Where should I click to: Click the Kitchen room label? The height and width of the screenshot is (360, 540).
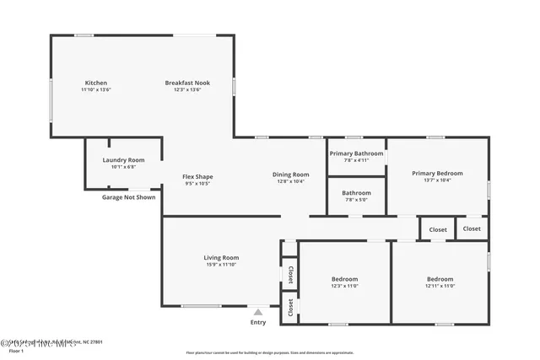[95, 83]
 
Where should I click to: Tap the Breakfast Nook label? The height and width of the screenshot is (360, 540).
[187, 83]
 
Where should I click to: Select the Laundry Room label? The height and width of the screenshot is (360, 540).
[123, 159]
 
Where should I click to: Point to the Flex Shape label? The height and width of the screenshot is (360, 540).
[197, 176]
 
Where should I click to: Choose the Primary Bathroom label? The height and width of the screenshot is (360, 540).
[356, 153]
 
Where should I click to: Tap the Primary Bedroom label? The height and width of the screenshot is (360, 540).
[437, 173]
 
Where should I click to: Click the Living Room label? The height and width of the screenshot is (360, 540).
[221, 257]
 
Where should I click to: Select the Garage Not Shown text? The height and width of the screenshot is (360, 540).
[128, 197]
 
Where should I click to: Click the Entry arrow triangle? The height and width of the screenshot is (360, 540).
[258, 312]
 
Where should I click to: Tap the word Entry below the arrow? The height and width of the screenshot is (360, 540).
[258, 322]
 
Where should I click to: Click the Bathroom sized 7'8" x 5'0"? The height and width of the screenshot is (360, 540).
[356, 200]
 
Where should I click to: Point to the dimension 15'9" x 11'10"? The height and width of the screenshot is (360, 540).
[221, 265]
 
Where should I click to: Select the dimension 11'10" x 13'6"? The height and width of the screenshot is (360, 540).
[95, 89]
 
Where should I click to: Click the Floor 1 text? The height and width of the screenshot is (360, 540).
[14, 349]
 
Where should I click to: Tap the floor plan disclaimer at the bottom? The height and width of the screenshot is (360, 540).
[270, 352]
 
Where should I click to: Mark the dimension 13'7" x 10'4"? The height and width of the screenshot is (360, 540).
[437, 180]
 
